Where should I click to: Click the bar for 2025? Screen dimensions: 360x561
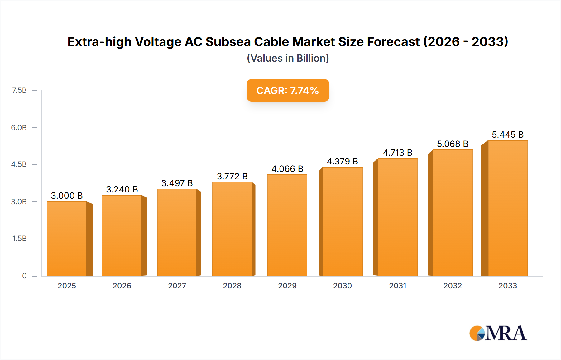click(x=67, y=239)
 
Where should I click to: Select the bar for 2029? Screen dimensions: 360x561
click(x=287, y=225)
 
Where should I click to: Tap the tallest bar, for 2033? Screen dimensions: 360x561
click(x=507, y=208)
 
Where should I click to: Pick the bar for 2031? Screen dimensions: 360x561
click(x=397, y=217)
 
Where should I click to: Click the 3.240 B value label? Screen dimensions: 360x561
click(x=122, y=189)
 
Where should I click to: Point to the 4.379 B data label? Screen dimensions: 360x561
click(x=342, y=161)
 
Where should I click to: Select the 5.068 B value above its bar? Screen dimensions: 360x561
click(x=453, y=144)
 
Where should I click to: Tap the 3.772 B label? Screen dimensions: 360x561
click(x=232, y=176)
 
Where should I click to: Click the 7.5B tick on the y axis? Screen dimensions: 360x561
click(x=19, y=90)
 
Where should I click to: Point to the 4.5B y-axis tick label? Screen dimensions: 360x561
click(x=19, y=164)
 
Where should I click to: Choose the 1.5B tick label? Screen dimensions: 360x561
click(x=19, y=239)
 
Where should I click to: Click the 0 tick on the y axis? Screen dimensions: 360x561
click(x=24, y=276)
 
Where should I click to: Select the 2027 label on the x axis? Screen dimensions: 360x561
click(x=177, y=286)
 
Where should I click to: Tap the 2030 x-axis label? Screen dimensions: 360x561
click(x=342, y=286)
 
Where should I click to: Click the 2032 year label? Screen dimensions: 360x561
click(x=453, y=286)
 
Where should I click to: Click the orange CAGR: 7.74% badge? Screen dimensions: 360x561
click(x=288, y=90)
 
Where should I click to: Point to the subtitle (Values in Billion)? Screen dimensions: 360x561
click(x=288, y=58)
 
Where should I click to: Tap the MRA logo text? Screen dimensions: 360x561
click(x=506, y=333)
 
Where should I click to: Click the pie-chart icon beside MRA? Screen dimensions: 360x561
click(x=477, y=333)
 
